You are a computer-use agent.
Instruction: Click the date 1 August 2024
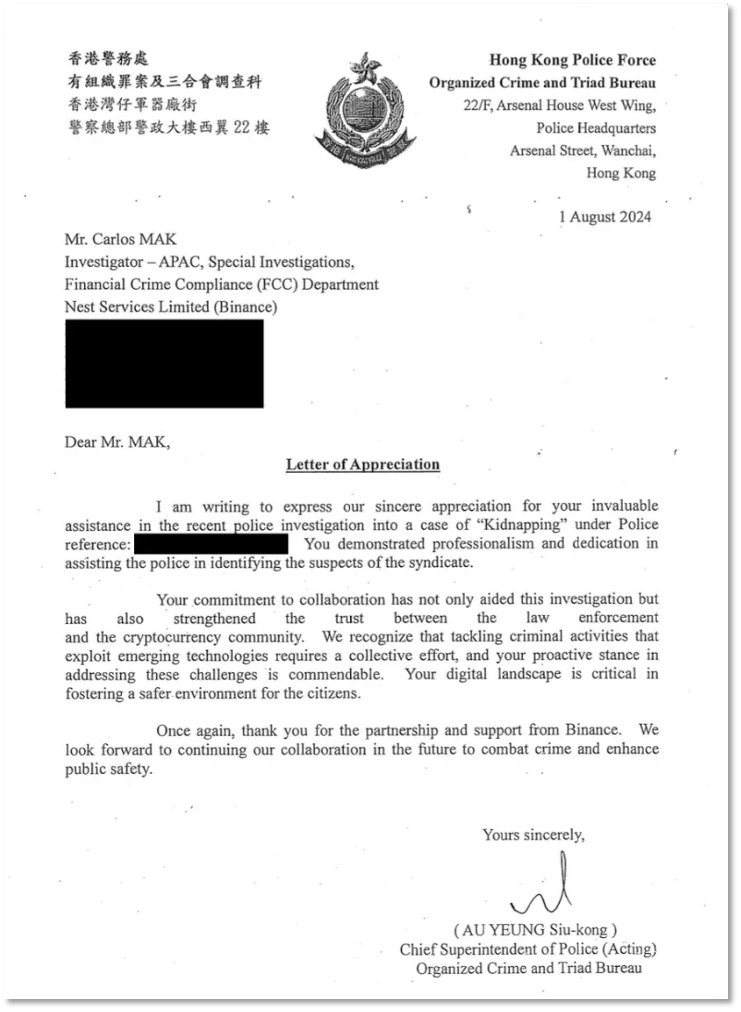click(605, 217)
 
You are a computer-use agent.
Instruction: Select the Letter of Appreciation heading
click(362, 464)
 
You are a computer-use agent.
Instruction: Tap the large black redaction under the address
click(164, 363)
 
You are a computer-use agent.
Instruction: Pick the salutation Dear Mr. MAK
click(117, 441)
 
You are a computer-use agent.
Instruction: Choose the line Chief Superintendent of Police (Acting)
click(528, 949)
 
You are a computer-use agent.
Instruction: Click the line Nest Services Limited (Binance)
click(171, 307)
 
